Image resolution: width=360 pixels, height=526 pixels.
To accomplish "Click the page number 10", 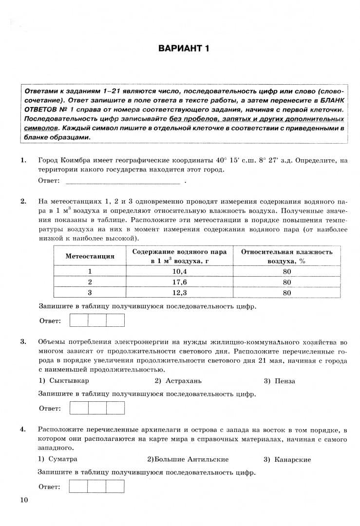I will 24,500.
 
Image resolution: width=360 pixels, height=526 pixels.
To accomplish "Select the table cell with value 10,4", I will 179,271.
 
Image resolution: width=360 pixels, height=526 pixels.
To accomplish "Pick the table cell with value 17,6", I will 179,282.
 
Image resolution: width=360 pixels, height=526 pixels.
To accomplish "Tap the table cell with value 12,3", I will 179,293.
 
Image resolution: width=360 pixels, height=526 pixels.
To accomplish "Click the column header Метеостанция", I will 90,256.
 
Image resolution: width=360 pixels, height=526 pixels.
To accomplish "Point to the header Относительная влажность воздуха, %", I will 286,256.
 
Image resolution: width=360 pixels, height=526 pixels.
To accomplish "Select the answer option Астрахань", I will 183,381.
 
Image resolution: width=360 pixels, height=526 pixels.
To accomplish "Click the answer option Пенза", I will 284,381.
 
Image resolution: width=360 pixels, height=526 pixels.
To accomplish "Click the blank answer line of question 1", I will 122,182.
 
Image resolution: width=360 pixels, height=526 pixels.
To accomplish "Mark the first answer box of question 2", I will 79,320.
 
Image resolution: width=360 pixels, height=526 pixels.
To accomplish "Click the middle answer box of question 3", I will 97,408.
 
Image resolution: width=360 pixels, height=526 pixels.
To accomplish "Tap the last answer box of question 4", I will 115,486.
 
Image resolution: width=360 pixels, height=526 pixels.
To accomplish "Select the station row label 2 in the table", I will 90,282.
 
